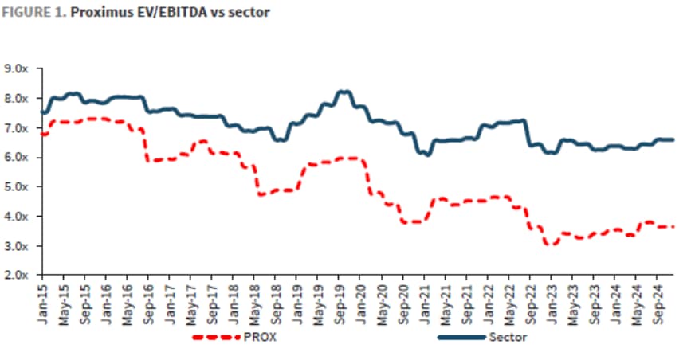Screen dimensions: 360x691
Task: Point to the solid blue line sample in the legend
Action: pos(461,338)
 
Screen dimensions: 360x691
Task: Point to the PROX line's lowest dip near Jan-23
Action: pos(549,244)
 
